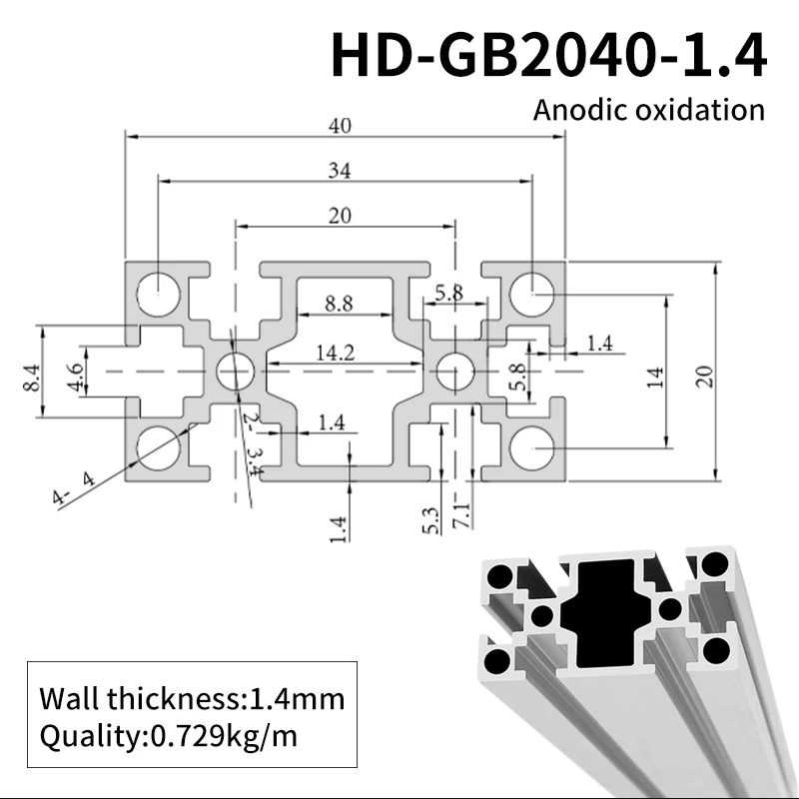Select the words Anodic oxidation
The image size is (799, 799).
pyautogui.click(x=649, y=109)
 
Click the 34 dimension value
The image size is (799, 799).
pyautogui.click(x=343, y=171)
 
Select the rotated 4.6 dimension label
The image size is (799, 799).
pyautogui.click(x=75, y=377)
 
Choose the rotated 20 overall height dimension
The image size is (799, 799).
pyautogui.click(x=705, y=376)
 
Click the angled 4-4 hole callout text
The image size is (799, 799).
pyautogui.click(x=74, y=485)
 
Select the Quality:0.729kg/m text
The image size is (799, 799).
pyautogui.click(x=168, y=737)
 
